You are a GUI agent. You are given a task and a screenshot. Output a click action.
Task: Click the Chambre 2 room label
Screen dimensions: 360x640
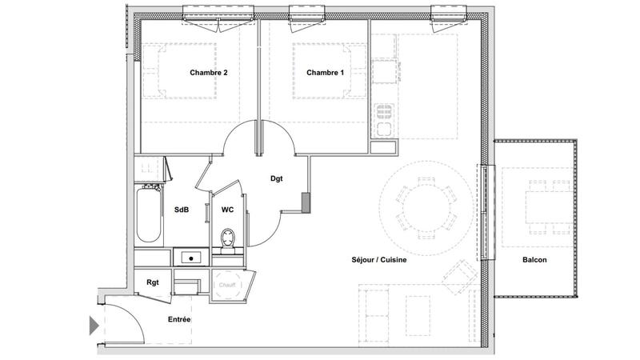click(209, 73)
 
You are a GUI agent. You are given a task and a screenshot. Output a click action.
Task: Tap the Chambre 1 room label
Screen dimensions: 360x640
click(325, 73)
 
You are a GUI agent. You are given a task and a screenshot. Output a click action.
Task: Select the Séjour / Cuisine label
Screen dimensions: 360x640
click(379, 260)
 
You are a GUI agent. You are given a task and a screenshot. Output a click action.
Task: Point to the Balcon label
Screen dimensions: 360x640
click(534, 260)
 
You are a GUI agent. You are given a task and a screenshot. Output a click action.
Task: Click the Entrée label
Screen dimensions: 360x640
click(179, 320)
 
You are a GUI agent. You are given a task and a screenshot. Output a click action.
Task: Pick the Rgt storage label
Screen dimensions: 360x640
click(152, 282)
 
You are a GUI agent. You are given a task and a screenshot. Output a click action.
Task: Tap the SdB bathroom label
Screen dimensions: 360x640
click(182, 210)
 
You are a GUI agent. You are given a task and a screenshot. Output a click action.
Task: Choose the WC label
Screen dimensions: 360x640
click(227, 210)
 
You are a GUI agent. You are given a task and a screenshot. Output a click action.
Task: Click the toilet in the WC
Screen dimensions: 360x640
click(228, 239)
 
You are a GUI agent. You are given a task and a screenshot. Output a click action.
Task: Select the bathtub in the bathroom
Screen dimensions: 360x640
click(149, 214)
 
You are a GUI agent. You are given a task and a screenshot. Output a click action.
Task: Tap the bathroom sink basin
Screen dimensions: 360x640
click(191, 258)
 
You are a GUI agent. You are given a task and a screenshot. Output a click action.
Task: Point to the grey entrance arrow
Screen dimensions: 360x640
click(94, 326)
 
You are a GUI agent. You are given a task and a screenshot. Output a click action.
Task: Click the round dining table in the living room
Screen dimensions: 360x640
click(426, 207)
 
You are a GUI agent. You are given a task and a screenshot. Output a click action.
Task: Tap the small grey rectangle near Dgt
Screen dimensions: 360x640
click(305, 202)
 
